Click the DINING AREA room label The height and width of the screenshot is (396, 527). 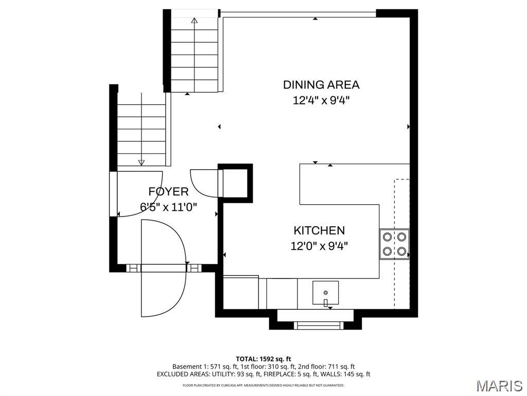(x=321, y=85)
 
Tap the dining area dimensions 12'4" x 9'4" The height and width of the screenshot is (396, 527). (x=321, y=101)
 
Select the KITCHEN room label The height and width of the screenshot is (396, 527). (x=319, y=230)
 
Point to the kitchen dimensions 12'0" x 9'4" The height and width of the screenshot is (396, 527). (x=319, y=246)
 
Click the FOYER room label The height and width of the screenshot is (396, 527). (x=168, y=192)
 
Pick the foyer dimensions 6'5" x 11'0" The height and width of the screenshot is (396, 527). (x=168, y=207)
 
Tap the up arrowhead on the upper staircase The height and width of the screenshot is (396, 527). (x=194, y=21)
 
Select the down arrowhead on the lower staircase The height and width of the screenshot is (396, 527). (x=142, y=162)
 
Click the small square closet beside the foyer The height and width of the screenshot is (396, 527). (x=235, y=183)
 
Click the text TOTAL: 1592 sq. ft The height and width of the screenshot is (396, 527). (x=263, y=359)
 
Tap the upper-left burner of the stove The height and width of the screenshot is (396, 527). (x=387, y=237)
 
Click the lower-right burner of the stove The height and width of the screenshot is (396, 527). (x=401, y=251)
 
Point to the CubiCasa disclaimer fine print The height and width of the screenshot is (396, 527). (x=263, y=385)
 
